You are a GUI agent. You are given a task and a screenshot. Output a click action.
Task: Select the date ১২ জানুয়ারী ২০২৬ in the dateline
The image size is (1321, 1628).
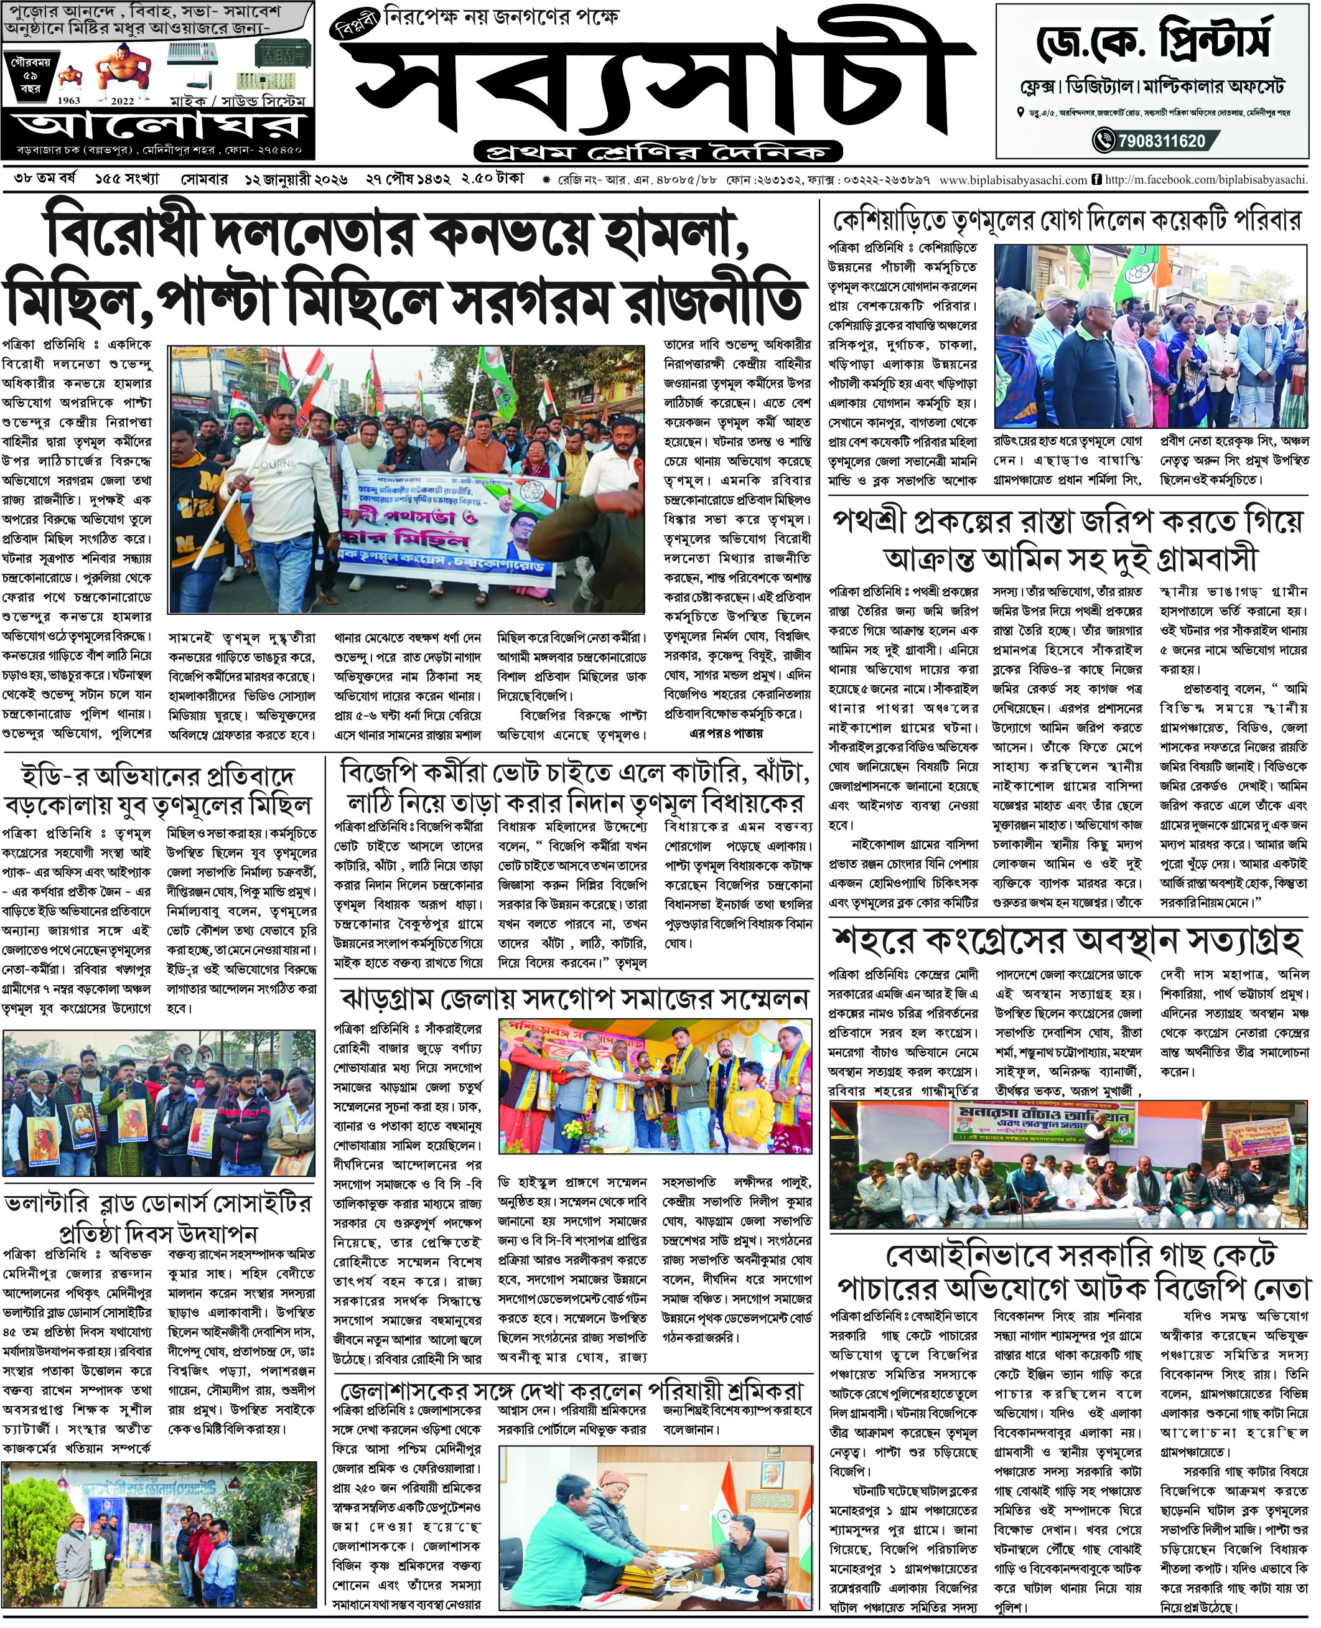tap(296, 180)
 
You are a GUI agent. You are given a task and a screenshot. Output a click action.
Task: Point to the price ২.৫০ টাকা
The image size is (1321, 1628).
tap(492, 180)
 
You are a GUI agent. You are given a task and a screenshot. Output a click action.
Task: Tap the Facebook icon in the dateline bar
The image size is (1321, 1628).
tap(1096, 180)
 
